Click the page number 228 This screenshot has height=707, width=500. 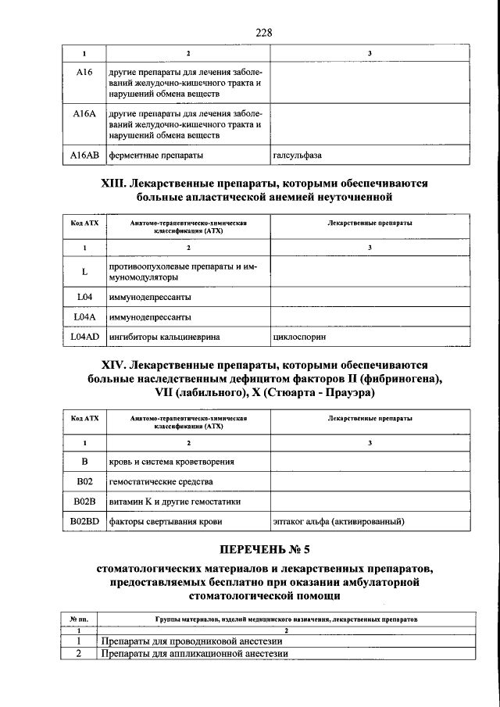tap(262, 32)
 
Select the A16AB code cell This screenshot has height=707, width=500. tap(84, 155)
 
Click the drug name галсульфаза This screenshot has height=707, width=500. tap(297, 155)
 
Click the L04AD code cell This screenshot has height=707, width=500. tap(84, 337)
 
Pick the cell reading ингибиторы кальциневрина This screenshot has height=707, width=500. tap(164, 337)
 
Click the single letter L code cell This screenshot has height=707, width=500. tap(84, 272)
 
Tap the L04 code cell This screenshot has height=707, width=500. tap(84, 298)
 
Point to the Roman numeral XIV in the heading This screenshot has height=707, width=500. tap(118, 365)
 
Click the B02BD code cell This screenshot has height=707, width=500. tap(84, 520)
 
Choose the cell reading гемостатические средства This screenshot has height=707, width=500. tap(161, 481)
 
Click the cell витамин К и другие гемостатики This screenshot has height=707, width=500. tap(175, 501)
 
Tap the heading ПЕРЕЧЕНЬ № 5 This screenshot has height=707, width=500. tap(262, 552)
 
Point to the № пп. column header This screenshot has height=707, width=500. tap(78, 618)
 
